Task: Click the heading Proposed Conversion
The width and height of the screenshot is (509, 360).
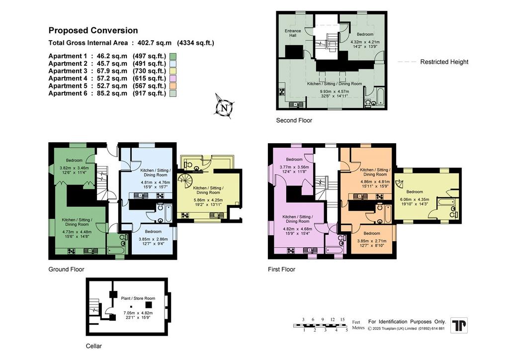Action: point(93,30)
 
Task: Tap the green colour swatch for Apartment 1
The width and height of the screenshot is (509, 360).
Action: point(172,57)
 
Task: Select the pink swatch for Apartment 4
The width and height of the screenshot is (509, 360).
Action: point(172,79)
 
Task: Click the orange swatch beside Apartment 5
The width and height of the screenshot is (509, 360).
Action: point(172,86)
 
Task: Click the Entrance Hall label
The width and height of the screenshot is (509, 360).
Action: point(293,33)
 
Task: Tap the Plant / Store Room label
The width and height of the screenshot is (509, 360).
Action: point(138,298)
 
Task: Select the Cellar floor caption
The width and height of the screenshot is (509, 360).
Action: point(94,346)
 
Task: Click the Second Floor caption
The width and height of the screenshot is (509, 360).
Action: point(294,120)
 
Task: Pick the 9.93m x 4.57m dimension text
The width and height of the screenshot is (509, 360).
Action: point(335,91)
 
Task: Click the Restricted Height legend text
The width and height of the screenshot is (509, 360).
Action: point(444,62)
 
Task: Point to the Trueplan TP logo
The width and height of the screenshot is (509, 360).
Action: point(459,325)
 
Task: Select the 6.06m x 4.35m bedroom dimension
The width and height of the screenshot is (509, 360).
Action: point(415,199)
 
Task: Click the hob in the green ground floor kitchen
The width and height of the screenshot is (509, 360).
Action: point(72,251)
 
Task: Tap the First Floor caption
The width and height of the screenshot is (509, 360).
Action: point(282,270)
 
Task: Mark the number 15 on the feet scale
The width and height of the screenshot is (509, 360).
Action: point(342,319)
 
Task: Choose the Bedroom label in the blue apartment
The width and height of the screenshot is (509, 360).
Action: point(153,231)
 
